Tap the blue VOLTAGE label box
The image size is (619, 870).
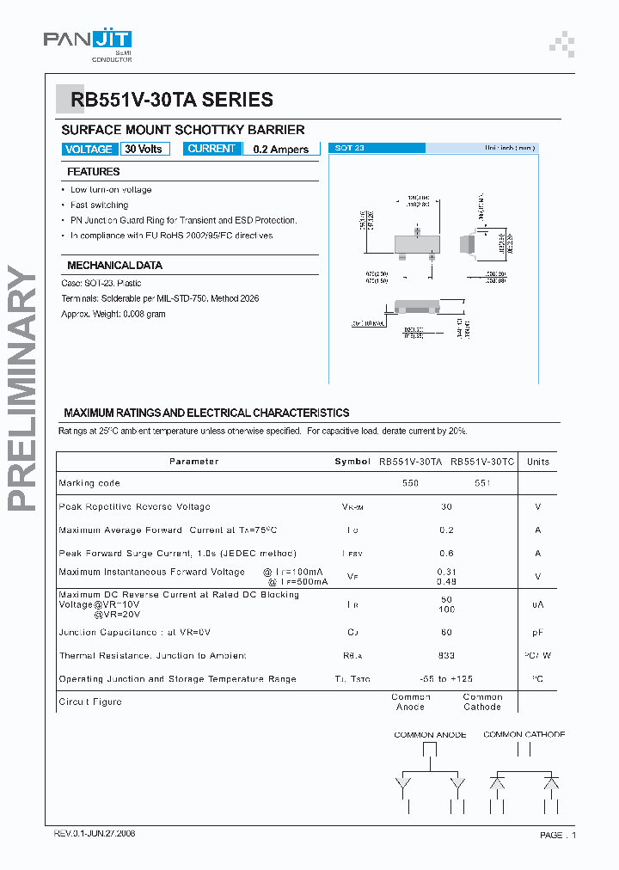tap(89, 149)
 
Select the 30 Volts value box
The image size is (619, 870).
tap(144, 149)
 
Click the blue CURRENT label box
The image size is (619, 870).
tap(211, 149)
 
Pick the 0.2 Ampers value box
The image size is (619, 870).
tap(281, 149)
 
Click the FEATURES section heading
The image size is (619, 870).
tap(94, 172)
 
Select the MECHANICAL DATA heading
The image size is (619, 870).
tap(114, 266)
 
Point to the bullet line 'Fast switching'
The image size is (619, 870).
tap(99, 205)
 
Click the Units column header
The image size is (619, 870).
tap(538, 462)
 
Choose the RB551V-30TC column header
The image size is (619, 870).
tap(482, 462)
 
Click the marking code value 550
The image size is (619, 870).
tap(411, 483)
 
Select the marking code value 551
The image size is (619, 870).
tap(482, 483)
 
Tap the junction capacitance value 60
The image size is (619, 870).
tap(446, 632)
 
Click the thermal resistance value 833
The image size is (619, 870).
tap(446, 655)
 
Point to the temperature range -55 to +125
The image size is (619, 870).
tap(446, 679)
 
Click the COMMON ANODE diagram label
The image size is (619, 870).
tap(430, 735)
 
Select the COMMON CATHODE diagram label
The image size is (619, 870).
tap(524, 734)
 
